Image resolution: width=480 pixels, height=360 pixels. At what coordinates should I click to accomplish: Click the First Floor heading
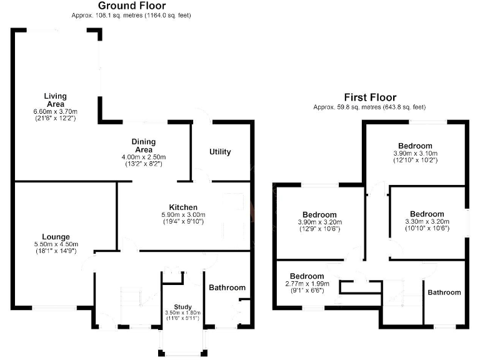[x=371, y=97]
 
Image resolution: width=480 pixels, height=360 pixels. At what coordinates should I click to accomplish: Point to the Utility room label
[x=220, y=152]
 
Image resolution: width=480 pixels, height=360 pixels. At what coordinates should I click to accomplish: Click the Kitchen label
[x=183, y=207]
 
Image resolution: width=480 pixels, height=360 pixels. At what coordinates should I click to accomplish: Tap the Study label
[x=182, y=306]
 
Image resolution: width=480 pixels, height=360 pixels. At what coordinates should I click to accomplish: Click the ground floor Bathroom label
[x=227, y=288]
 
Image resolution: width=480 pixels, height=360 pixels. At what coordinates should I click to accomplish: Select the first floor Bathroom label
[x=444, y=292]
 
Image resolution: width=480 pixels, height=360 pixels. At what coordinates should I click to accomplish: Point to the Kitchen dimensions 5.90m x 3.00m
[x=183, y=214]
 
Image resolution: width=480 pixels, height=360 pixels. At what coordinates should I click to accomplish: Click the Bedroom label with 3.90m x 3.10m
[x=416, y=146]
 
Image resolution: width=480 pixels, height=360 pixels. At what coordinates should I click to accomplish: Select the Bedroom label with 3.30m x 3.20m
[x=427, y=214]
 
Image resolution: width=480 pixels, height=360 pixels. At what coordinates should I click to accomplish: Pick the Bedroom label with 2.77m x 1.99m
[x=307, y=276]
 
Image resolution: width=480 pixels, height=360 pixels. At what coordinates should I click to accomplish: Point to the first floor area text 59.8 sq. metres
[x=371, y=107]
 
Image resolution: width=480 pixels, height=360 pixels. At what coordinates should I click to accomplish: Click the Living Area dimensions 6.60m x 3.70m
[x=55, y=111]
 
